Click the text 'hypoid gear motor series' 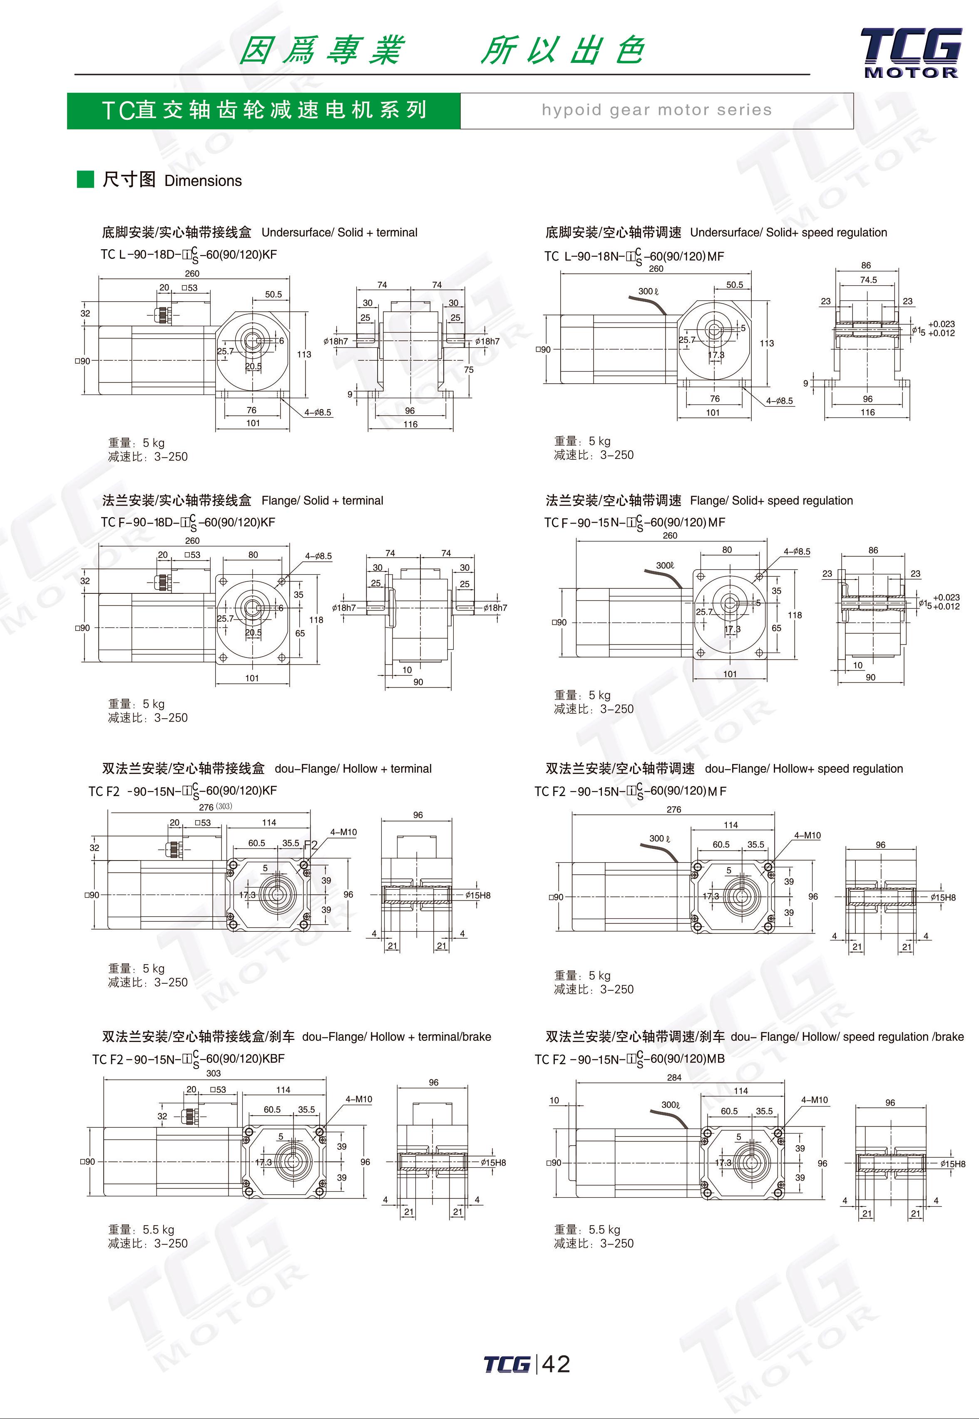[656, 110]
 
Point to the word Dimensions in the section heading [203, 181]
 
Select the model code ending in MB [629, 1059]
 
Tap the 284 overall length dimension [674, 1077]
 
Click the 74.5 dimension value [868, 280]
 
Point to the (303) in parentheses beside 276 [224, 806]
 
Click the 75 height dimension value [469, 370]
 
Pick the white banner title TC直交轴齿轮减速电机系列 [264, 110]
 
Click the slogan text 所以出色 [562, 50]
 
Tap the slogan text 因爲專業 [321, 50]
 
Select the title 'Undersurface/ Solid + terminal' [339, 233]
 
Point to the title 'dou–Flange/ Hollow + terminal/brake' [396, 1036]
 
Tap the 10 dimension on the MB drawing [554, 1100]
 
